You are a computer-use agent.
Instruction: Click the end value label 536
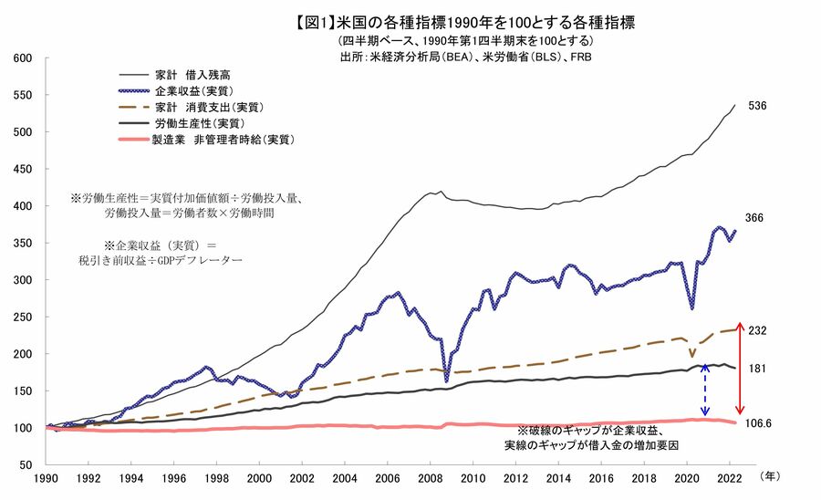756,106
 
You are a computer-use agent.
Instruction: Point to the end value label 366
754,218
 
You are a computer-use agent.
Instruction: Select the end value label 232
756,330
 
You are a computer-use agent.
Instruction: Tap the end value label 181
755,369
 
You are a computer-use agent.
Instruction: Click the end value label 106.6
761,423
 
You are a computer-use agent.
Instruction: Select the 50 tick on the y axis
26,464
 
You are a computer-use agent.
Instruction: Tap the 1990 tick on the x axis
46,477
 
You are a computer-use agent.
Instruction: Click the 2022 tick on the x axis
728,477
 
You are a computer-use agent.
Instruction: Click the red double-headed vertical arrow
741,368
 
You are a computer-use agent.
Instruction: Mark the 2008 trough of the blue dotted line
446,380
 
